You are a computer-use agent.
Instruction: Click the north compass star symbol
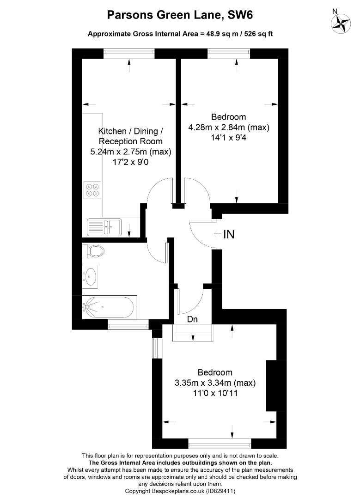click(341, 24)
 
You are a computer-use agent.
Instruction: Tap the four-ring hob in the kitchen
click(92, 190)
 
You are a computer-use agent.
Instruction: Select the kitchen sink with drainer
click(104, 227)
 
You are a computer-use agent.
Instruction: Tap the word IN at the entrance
click(229, 235)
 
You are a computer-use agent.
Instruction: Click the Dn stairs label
click(192, 319)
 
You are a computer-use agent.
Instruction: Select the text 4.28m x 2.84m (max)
click(229, 128)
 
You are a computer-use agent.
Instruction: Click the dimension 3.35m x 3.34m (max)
click(215, 383)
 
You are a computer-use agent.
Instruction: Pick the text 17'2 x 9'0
click(130, 162)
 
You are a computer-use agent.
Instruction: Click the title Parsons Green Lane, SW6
click(180, 15)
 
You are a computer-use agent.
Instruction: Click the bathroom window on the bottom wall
click(128, 324)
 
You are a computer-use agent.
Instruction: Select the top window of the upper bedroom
click(229, 54)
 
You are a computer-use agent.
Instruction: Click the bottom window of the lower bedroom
click(220, 443)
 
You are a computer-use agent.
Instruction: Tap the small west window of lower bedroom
click(155, 348)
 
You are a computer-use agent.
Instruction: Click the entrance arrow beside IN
click(218, 235)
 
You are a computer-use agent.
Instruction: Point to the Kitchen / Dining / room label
click(130, 131)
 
